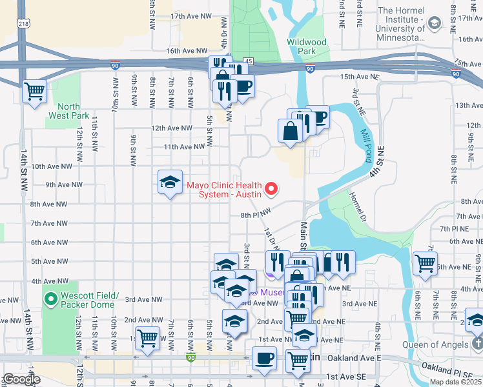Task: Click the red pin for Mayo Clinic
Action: pyautogui.click(x=272, y=189)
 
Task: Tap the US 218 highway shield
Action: pyautogui.click(x=24, y=23)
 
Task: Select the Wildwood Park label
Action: pyautogui.click(x=307, y=46)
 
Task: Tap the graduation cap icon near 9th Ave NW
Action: pyautogui.click(x=170, y=183)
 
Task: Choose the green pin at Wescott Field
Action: pyautogui.click(x=52, y=299)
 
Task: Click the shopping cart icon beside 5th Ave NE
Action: pyautogui.click(x=425, y=263)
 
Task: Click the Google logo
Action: pyautogui.click(x=21, y=379)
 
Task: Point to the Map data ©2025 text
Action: pyautogui.click(x=455, y=382)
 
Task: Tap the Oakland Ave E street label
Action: pyautogui.click(x=355, y=357)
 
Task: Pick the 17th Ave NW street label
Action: pyautogui.click(x=189, y=15)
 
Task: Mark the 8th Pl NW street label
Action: pyautogui.click(x=255, y=215)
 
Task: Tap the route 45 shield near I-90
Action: pyautogui.click(x=249, y=61)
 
